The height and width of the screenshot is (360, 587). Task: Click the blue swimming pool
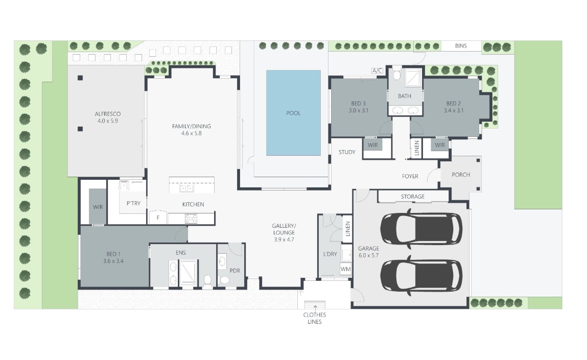point(293,113)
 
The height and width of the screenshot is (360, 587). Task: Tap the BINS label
point(461,45)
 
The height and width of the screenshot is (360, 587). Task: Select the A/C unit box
point(377,70)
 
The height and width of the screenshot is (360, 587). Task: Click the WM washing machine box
point(345,269)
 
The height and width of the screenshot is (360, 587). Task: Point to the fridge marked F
point(158,218)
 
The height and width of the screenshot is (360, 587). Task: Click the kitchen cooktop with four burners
point(191,219)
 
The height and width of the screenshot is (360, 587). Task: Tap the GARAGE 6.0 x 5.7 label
point(369,252)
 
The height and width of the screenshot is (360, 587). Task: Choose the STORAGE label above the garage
point(413,197)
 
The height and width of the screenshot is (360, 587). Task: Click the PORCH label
point(461,175)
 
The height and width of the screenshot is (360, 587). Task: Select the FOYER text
point(410,176)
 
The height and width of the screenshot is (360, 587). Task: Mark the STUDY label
point(347,152)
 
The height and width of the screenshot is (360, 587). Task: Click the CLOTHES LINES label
point(315,318)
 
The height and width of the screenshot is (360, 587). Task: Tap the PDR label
point(234,271)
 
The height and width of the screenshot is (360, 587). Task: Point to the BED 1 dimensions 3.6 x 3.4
point(113,261)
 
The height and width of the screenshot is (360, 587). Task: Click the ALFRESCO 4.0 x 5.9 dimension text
point(107,121)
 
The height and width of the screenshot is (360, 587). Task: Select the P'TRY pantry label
point(133,203)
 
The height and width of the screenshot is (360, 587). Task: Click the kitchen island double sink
point(187,188)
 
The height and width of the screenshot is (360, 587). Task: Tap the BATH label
point(404,96)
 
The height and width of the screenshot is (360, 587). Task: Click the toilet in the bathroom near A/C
point(397,75)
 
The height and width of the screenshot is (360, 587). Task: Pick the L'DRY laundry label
point(330,254)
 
